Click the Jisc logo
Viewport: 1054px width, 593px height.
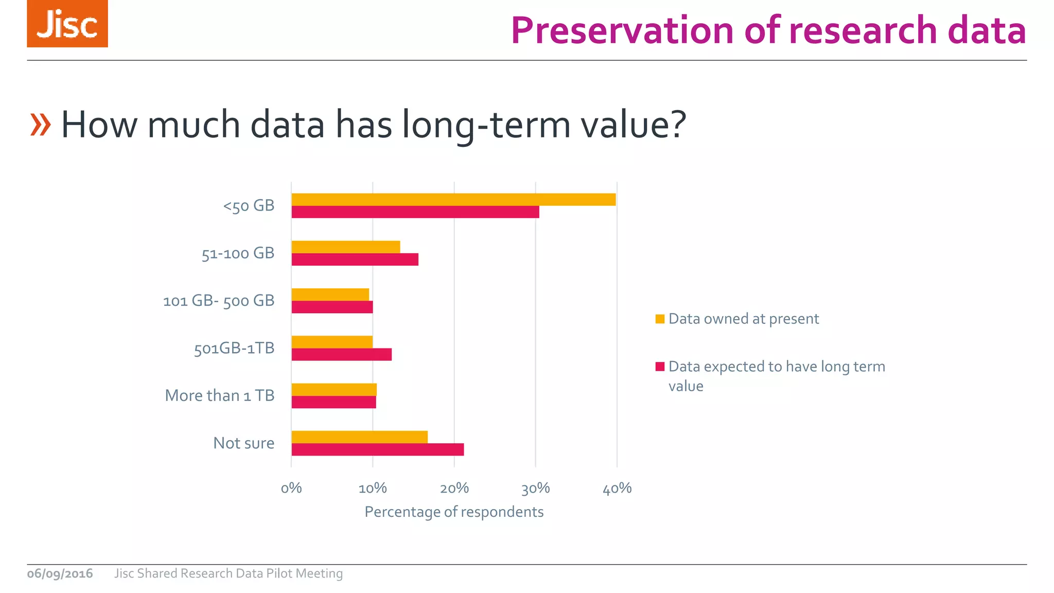coord(67,24)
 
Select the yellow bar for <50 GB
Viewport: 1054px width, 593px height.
coord(453,200)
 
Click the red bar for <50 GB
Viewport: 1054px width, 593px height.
coord(415,212)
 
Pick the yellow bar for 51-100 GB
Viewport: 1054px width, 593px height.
coord(346,247)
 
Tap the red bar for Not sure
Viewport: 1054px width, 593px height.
coord(378,449)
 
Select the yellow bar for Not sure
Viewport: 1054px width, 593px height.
coord(359,437)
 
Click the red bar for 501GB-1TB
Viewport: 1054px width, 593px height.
coord(342,355)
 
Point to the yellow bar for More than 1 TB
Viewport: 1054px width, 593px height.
coord(334,390)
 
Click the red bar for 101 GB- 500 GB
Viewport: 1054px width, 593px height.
coord(332,307)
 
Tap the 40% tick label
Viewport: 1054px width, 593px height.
coord(617,488)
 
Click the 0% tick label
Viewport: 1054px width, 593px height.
coord(291,488)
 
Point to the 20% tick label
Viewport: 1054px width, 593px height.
coord(454,488)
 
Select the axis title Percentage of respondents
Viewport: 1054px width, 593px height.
coord(454,512)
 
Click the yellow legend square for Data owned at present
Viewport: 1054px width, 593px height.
coord(660,319)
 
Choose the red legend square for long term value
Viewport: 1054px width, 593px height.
coord(660,367)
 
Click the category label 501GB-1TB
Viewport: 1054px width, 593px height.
coord(234,348)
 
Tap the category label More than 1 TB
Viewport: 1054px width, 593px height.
coord(220,396)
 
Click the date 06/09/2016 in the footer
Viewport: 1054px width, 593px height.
coord(60,573)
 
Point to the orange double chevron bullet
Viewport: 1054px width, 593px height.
coord(40,125)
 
